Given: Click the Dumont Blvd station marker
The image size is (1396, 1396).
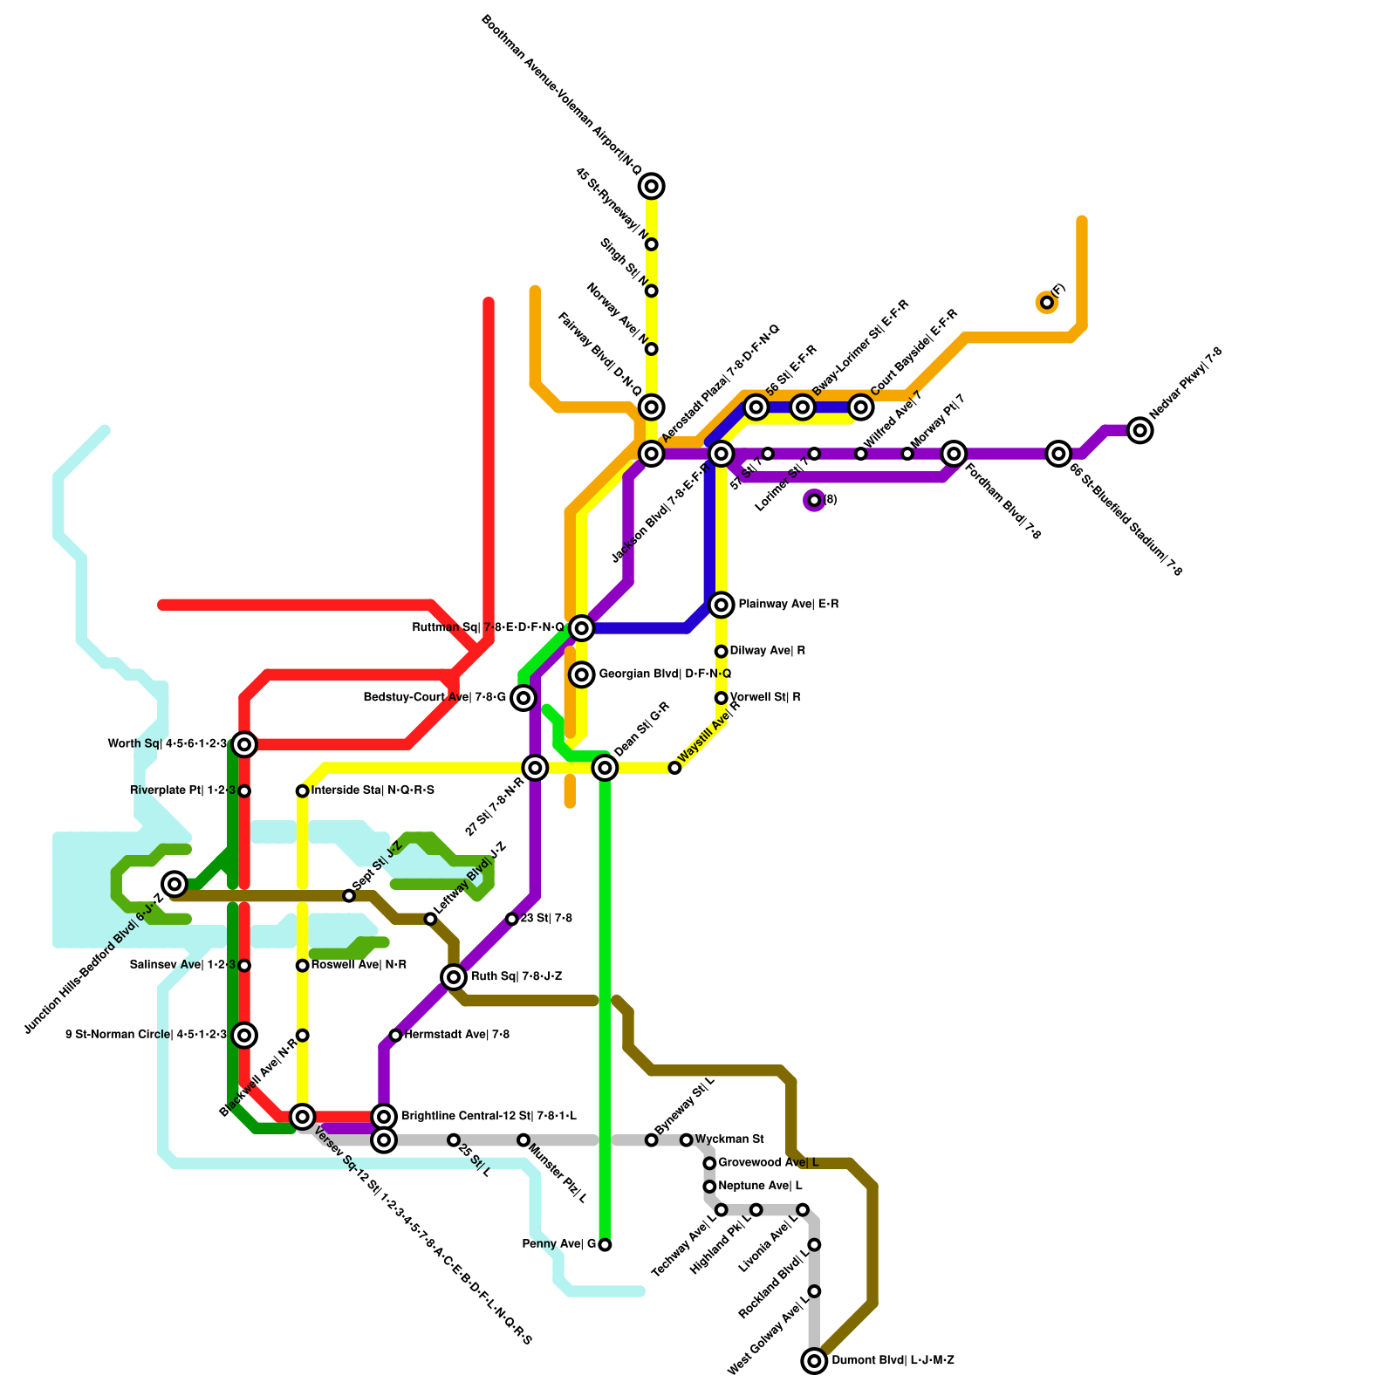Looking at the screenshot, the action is (814, 1360).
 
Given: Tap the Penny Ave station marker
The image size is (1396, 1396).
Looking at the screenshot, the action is (605, 1244).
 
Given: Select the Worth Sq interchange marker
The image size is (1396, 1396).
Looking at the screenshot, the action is (245, 743).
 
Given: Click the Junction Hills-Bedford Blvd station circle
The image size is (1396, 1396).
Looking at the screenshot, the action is (175, 884).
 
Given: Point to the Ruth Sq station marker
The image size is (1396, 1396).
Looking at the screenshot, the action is (454, 976).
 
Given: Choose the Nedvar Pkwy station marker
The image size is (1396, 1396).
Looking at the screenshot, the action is (1139, 429).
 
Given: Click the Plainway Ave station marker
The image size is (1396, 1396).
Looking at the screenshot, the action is (721, 604).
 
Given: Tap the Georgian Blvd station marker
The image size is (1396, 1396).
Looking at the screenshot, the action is (582, 674).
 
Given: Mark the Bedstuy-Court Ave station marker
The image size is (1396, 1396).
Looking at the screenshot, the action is (523, 697).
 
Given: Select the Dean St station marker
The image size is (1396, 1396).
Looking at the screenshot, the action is (605, 767).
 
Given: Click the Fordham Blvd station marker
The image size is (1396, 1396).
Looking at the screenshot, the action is (955, 453).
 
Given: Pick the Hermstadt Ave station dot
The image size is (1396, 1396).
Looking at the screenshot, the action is (395, 1035).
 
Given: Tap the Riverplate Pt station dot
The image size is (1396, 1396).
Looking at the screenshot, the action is (245, 790).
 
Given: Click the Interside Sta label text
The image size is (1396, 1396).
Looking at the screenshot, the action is (373, 790).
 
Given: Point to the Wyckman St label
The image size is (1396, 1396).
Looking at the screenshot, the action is (729, 1139).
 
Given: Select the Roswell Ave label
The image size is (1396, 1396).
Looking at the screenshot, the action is (359, 965).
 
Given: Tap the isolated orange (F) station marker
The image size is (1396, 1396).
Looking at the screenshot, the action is (1047, 302).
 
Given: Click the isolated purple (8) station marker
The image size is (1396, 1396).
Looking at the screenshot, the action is (814, 500).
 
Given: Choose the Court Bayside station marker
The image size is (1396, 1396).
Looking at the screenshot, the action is (861, 407).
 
